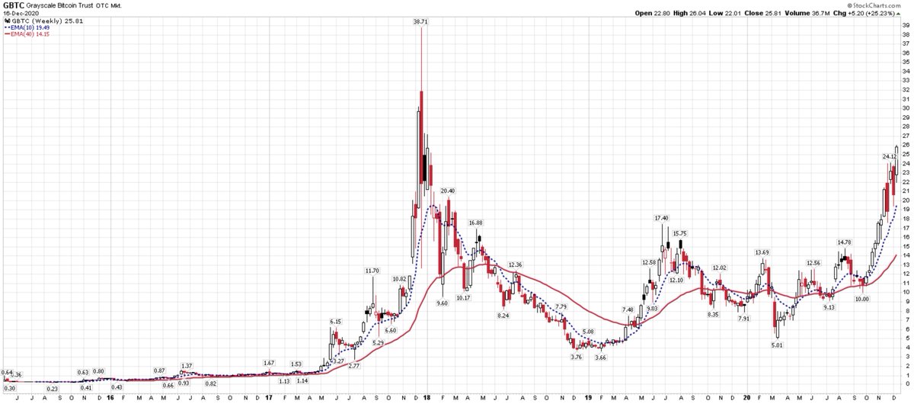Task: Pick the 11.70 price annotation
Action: (x=372, y=270)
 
